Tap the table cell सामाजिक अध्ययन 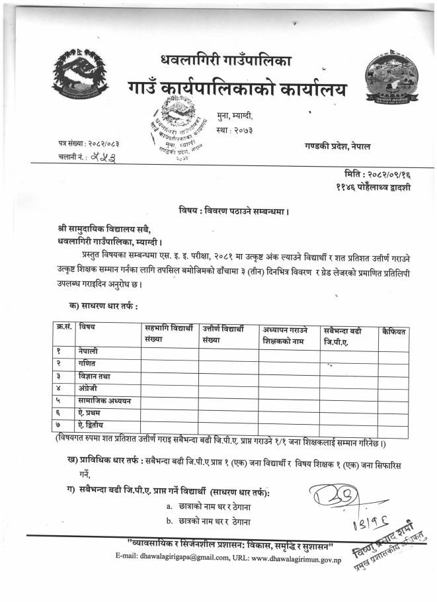pyautogui.click(x=104, y=400)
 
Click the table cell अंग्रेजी pyautogui.click(x=89, y=388)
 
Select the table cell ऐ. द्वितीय pyautogui.click(x=91, y=425)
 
